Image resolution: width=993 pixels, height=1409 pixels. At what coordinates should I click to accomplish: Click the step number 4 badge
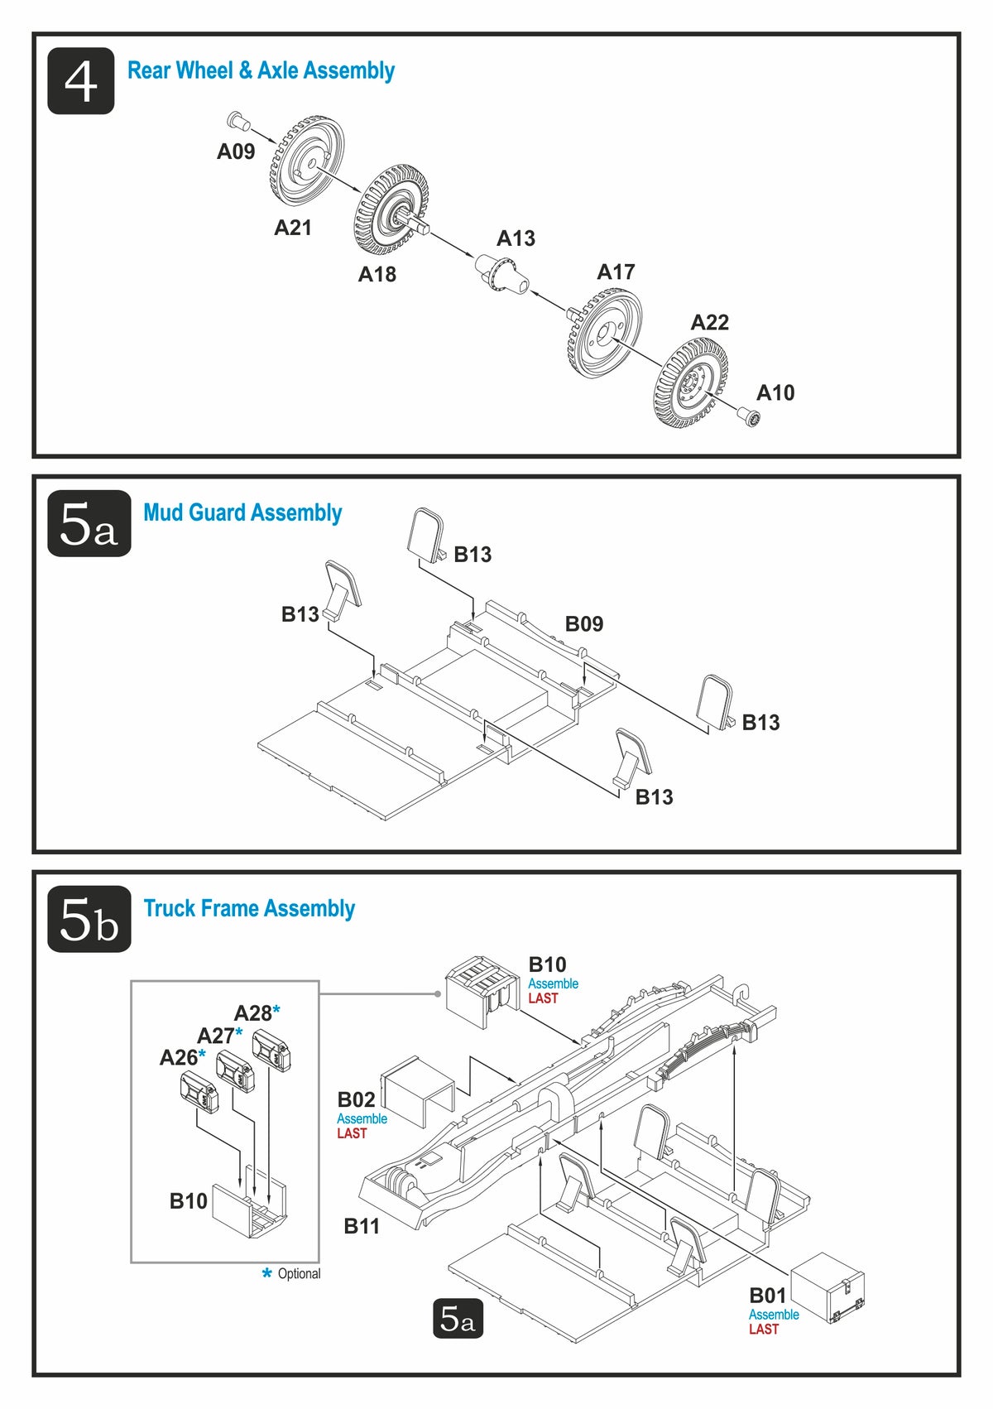(x=80, y=80)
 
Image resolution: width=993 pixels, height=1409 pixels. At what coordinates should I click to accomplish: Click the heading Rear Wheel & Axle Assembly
(x=261, y=70)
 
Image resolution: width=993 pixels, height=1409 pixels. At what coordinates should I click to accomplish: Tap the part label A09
(x=236, y=151)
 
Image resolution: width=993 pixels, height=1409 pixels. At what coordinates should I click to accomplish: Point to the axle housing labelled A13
(x=501, y=274)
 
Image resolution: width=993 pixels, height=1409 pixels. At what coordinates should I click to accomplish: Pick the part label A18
(x=377, y=274)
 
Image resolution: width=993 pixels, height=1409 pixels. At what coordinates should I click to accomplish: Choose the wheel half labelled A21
(x=306, y=161)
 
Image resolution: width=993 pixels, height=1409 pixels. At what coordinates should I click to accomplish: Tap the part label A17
(x=616, y=272)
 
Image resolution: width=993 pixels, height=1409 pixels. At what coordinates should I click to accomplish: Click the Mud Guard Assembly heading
(x=242, y=512)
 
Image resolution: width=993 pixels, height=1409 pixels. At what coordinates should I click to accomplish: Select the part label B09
(x=584, y=623)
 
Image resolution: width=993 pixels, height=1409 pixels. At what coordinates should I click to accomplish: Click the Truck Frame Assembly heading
(x=249, y=908)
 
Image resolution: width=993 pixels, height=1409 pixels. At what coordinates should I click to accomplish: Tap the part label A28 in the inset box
(x=253, y=1012)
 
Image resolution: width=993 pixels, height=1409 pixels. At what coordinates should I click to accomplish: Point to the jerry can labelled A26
(x=199, y=1093)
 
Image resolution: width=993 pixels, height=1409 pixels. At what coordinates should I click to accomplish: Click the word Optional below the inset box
(x=300, y=1273)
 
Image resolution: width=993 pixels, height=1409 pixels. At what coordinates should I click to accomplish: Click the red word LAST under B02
(x=352, y=1132)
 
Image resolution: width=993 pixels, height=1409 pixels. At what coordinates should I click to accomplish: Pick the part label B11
(x=362, y=1226)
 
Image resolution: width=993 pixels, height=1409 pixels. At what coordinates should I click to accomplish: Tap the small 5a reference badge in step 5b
(x=458, y=1319)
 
